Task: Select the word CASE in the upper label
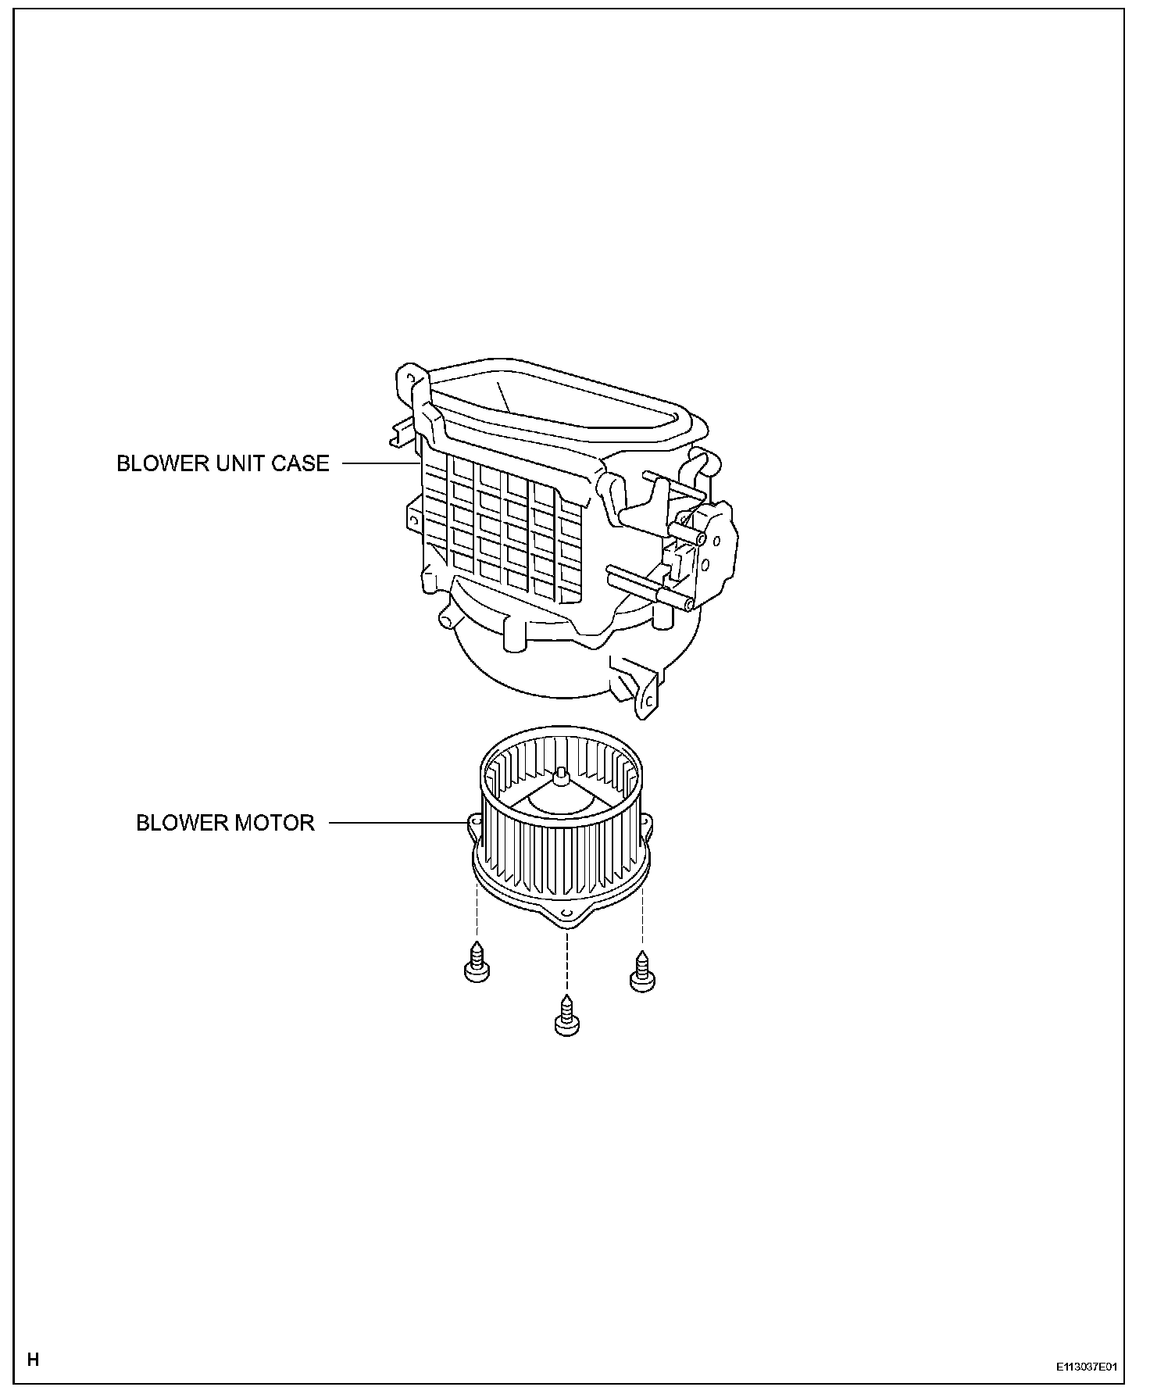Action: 301,463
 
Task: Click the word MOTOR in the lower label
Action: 277,823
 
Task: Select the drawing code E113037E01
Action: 1086,1367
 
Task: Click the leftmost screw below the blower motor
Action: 476,962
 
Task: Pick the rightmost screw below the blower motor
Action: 641,971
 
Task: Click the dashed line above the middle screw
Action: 567,961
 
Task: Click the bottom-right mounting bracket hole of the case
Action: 648,701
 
